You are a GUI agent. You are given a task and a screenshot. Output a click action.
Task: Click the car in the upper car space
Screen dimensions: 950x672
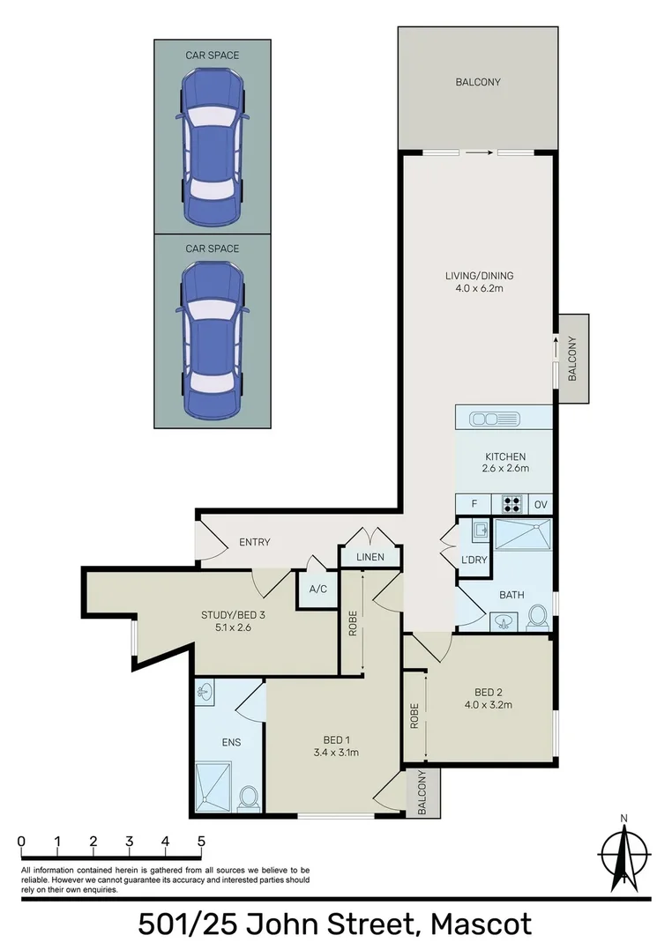pos(212,146)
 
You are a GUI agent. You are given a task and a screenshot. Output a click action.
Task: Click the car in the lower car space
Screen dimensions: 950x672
pos(212,340)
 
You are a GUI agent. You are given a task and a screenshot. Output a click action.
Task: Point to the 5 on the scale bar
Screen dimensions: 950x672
pos(202,841)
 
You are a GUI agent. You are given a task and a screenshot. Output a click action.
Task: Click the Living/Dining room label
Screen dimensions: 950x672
pos(478,276)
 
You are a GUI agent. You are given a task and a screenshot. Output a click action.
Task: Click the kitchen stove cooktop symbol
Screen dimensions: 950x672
pos(512,504)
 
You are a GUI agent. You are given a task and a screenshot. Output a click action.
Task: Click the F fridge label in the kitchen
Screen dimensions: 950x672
pos(474,504)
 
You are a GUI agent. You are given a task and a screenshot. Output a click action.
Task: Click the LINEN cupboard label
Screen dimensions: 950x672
pos(370,558)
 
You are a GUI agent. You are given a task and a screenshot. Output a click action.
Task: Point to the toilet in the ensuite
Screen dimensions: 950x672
pos(249,798)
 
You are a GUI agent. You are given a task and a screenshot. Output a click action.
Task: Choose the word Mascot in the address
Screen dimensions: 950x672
pos(481,924)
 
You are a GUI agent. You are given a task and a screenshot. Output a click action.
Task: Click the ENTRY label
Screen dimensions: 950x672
pos(255,542)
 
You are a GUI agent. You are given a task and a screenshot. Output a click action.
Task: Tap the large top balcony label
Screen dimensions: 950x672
pos(477,82)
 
